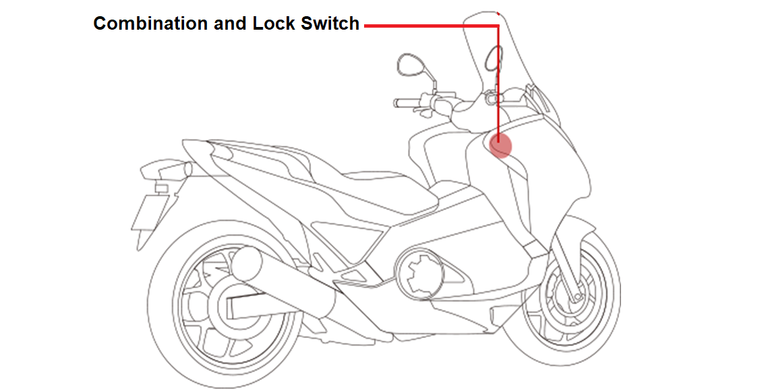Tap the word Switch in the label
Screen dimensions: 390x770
tap(330, 24)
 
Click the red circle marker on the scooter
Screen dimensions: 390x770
tap(500, 145)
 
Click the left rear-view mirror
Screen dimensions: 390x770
tap(409, 64)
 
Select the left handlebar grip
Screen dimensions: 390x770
tap(405, 103)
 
